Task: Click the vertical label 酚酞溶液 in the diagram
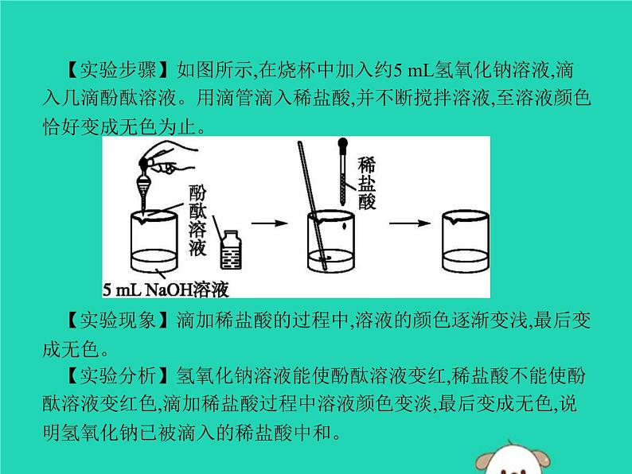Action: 197,220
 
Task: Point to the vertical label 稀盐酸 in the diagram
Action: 366,183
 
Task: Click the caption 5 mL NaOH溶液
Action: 166,290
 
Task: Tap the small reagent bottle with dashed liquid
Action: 231,250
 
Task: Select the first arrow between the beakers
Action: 270,223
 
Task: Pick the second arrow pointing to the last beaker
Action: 409,223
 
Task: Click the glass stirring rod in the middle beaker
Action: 312,205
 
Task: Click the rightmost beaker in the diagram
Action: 466,241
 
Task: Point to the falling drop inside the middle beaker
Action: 344,227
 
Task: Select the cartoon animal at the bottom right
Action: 513,459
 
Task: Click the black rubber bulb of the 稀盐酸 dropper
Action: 342,144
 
